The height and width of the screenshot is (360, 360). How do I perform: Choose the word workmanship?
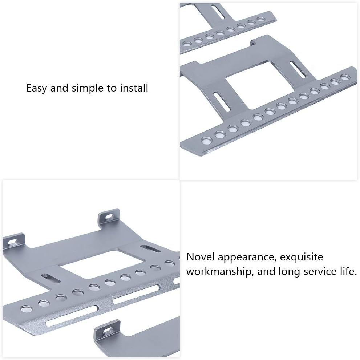(220, 272)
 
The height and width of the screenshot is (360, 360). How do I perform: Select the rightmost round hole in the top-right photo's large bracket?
(344, 77)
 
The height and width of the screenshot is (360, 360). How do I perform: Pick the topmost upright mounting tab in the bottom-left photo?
(109, 216)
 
